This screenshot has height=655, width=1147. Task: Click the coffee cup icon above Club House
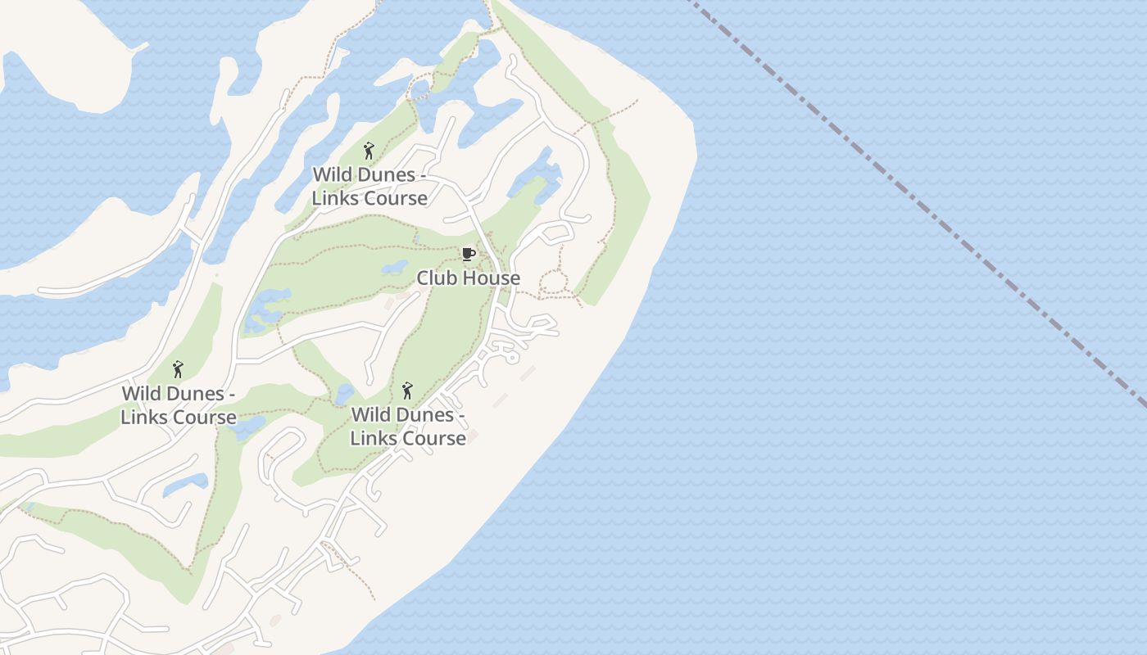pyautogui.click(x=468, y=254)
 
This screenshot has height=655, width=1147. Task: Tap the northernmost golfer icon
pyautogui.click(x=369, y=151)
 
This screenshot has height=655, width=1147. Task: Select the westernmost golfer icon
pyautogui.click(x=178, y=369)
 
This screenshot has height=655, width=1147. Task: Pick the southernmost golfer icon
pyautogui.click(x=407, y=391)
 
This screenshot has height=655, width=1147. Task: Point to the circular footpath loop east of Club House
pyautogui.click(x=554, y=283)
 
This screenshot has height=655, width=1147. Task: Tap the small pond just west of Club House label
pyautogui.click(x=395, y=268)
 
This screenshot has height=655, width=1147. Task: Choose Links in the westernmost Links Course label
pyautogui.click(x=143, y=418)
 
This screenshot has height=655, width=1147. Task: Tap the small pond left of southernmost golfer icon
pyautogui.click(x=345, y=394)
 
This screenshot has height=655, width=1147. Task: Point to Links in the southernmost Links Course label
pyautogui.click(x=372, y=439)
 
